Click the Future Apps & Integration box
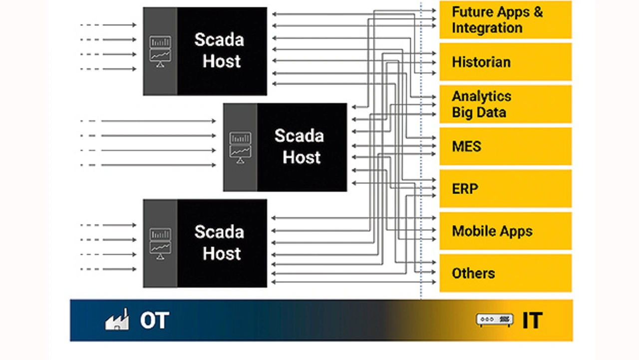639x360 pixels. click(505, 20)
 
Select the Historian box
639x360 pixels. click(505, 62)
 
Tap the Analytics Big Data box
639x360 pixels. click(505, 104)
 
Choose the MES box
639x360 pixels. click(505, 146)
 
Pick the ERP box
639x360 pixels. click(505, 189)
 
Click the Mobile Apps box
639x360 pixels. click(505, 231)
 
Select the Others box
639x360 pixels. click(505, 273)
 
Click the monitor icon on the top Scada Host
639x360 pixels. click(160, 51)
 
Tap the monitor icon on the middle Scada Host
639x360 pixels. click(240, 148)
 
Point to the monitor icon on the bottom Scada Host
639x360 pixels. click(160, 244)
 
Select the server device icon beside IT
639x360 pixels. click(495, 320)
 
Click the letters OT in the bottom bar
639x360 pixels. click(154, 320)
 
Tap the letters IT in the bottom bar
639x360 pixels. click(532, 320)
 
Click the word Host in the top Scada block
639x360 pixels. click(222, 61)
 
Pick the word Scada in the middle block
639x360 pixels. click(299, 136)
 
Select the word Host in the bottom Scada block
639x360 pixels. click(222, 254)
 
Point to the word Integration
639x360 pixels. click(487, 28)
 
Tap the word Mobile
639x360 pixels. click(471, 231)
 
